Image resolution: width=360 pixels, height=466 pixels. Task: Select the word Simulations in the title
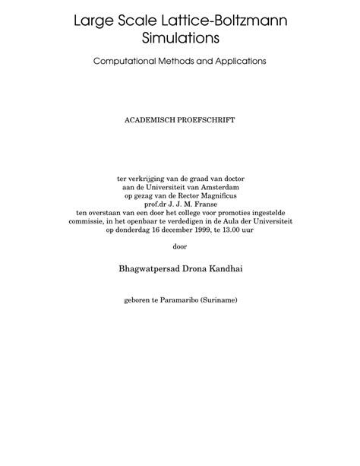coord(180,36)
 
